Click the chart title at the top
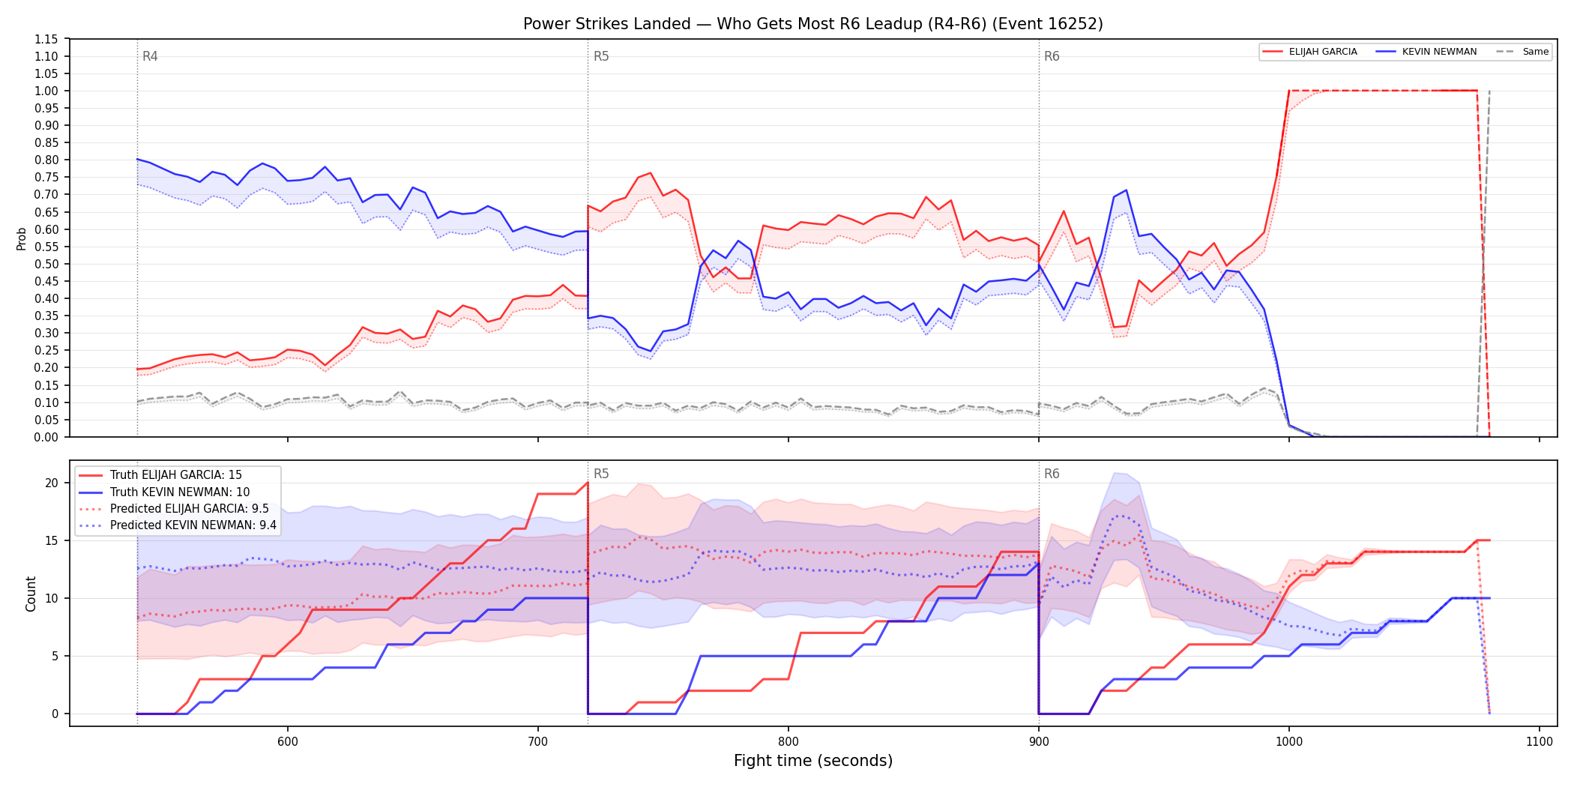pyautogui.click(x=813, y=24)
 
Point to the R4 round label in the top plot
pyautogui.click(x=150, y=56)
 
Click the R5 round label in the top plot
pyautogui.click(x=601, y=56)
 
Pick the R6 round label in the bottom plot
pyautogui.click(x=1052, y=474)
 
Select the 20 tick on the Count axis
pyautogui.click(x=52, y=483)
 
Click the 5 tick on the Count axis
pyautogui.click(x=55, y=656)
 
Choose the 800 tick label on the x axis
pyautogui.click(x=788, y=741)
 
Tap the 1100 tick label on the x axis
pyautogui.click(x=1540, y=741)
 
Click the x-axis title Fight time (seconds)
pyautogui.click(x=813, y=761)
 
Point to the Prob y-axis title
pyautogui.click(x=22, y=238)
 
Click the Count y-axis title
pyautogui.click(x=31, y=594)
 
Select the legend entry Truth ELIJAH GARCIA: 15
pyautogui.click(x=175, y=475)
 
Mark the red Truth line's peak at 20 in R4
pyautogui.click(x=588, y=483)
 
